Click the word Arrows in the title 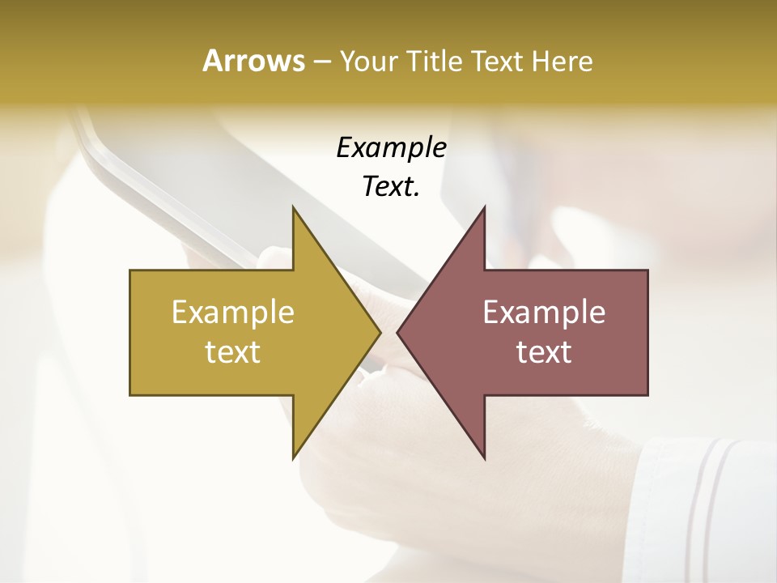click(x=253, y=61)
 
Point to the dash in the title click(x=321, y=62)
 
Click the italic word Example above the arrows click(x=391, y=148)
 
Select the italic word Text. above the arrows click(x=391, y=187)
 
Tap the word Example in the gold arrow click(x=233, y=313)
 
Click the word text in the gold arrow click(x=233, y=352)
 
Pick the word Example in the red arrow click(x=544, y=313)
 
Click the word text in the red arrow click(x=544, y=352)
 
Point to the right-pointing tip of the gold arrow click(x=380, y=332)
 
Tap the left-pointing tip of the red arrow click(x=397, y=332)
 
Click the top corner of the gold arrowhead click(x=293, y=208)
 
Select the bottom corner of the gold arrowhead click(x=293, y=458)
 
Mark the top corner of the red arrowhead click(x=485, y=208)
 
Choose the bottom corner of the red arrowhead click(x=485, y=458)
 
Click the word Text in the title click(x=498, y=62)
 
